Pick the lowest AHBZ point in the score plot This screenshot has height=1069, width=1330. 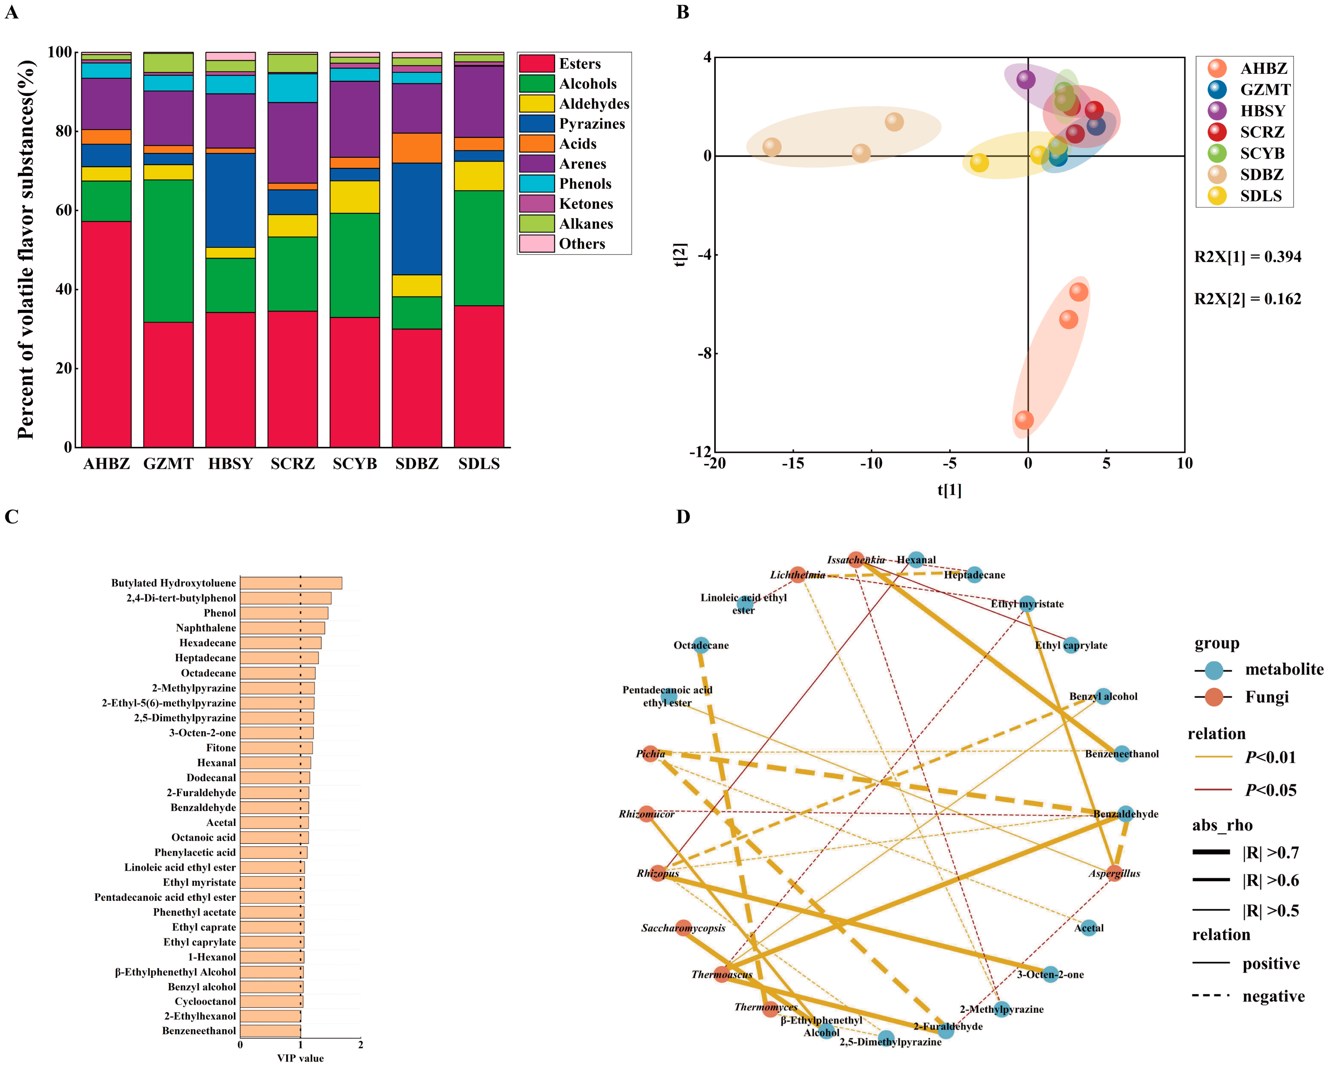pyautogui.click(x=1024, y=420)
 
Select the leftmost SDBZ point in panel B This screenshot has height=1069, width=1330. pyautogui.click(x=772, y=147)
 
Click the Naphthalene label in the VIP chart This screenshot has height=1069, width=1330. pyautogui.click(x=205, y=628)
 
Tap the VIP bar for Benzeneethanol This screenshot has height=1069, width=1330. pyautogui.click(x=270, y=1031)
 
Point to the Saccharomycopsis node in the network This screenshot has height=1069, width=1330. pyautogui.click(x=683, y=928)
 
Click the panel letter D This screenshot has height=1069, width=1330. pyautogui.click(x=683, y=517)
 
